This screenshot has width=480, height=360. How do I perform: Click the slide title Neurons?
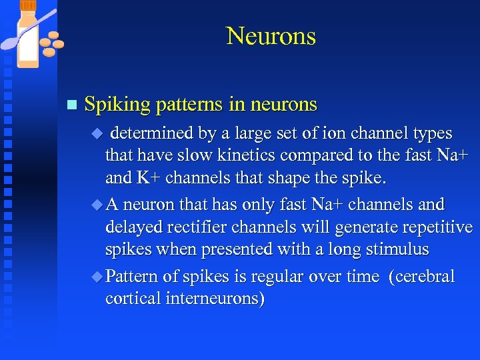271,35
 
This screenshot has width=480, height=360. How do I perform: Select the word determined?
153,134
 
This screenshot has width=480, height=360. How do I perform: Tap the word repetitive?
433,227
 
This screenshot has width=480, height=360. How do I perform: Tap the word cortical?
127,298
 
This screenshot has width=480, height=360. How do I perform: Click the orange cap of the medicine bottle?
27,5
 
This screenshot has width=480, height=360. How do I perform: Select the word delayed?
129,227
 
